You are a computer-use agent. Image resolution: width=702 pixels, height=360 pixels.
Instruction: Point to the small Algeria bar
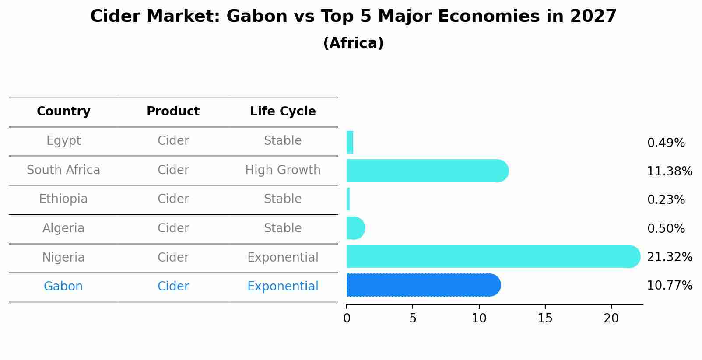355,228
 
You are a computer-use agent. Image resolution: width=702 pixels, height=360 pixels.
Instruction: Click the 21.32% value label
669,257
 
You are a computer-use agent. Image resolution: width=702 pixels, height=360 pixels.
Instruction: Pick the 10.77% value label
669,286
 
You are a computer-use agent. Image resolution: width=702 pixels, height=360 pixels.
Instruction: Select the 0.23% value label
666,200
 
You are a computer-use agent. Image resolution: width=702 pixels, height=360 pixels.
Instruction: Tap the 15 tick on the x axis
545,318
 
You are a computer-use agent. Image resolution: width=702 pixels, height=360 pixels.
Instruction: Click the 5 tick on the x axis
413,318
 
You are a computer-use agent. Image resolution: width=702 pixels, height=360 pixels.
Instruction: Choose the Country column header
63,112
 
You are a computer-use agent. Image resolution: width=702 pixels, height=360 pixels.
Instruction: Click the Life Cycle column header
283,112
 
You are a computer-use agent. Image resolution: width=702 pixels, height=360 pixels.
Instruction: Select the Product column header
173,112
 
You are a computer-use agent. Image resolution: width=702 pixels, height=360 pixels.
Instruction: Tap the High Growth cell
283,170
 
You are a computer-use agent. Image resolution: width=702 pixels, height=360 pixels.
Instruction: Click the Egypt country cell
63,141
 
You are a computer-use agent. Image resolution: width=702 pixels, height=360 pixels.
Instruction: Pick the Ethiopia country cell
63,199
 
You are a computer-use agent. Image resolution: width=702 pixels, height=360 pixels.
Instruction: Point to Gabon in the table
63,287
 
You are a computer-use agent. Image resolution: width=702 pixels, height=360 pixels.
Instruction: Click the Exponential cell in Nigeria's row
283,258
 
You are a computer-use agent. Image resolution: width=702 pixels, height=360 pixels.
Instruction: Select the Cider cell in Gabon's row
173,287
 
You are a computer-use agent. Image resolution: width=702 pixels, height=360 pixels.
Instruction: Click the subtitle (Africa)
353,43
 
